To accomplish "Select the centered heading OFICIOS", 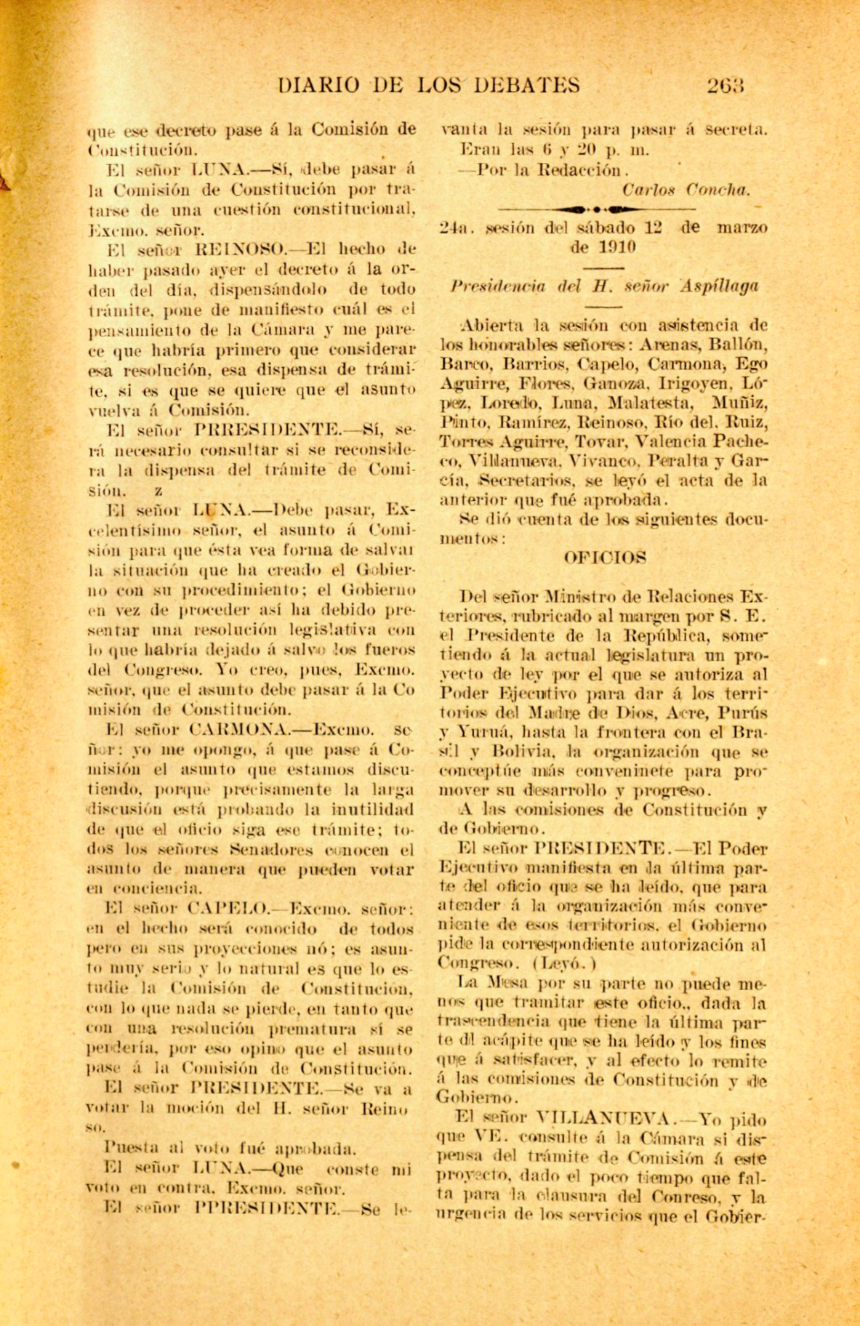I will click(x=605, y=558).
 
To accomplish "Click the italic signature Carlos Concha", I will click(x=686, y=190).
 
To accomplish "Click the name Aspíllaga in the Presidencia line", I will click(x=720, y=286).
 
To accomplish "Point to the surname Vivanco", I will click(x=605, y=461).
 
